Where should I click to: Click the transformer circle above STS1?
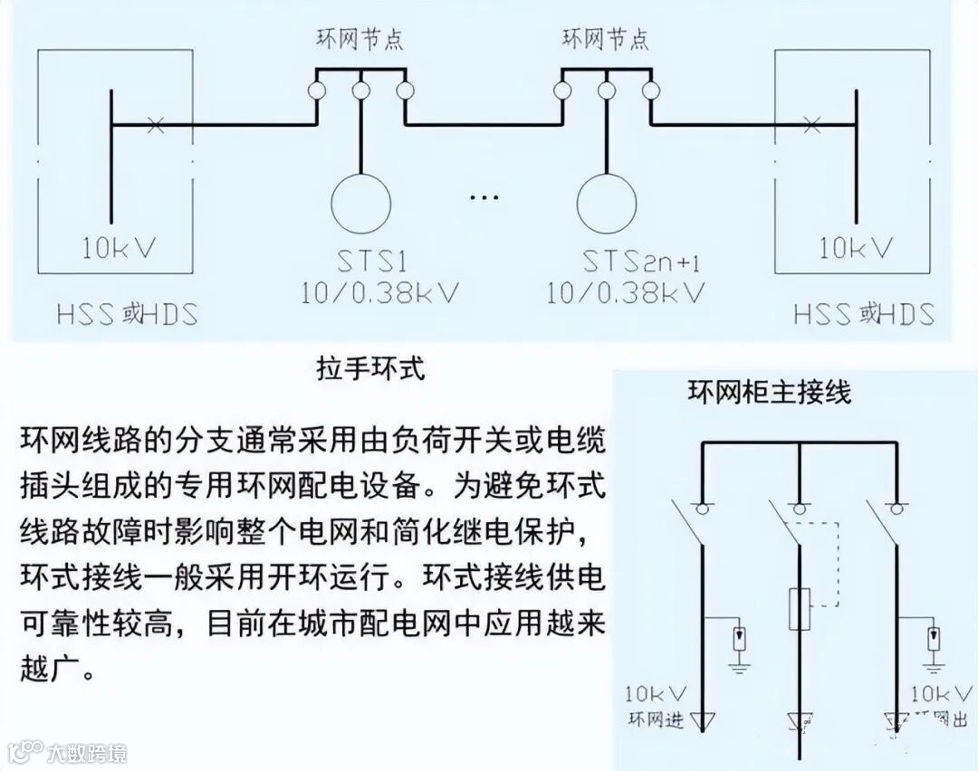[x=360, y=202]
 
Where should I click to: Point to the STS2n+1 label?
[x=641, y=263]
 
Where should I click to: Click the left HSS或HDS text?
[x=127, y=314]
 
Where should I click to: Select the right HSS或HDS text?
[x=864, y=314]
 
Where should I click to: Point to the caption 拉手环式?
[x=369, y=370]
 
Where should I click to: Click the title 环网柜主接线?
[x=770, y=393]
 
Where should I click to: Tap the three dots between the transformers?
[x=484, y=196]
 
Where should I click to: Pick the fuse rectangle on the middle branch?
[x=799, y=607]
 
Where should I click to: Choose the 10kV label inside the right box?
[x=856, y=246]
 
